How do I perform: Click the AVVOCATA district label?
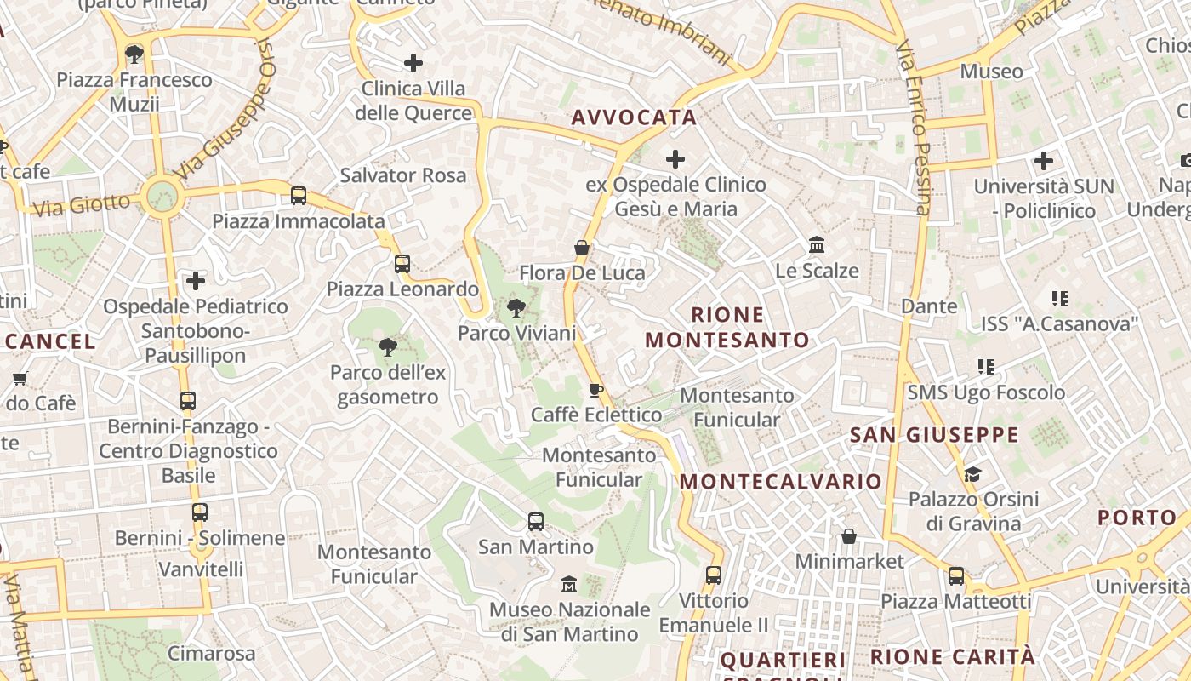[634, 117]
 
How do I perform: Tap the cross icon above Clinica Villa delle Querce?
[413, 62]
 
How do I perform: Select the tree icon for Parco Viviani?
[516, 308]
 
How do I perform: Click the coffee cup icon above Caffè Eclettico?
[596, 390]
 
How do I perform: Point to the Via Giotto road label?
[82, 204]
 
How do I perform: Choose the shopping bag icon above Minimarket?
[848, 536]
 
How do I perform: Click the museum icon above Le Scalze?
[817, 245]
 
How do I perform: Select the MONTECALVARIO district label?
[781, 481]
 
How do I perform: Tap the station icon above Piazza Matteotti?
[956, 576]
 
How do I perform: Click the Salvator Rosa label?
[403, 175]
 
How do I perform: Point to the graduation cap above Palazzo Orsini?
[972, 474]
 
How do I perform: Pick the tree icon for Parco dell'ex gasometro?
[388, 346]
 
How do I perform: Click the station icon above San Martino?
[535, 521]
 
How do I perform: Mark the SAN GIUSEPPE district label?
[934, 435]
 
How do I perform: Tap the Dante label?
[929, 306]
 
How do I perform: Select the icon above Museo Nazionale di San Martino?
[569, 585]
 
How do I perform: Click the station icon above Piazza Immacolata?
[299, 196]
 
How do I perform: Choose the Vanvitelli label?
[201, 569]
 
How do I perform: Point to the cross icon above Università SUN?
[1043, 160]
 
